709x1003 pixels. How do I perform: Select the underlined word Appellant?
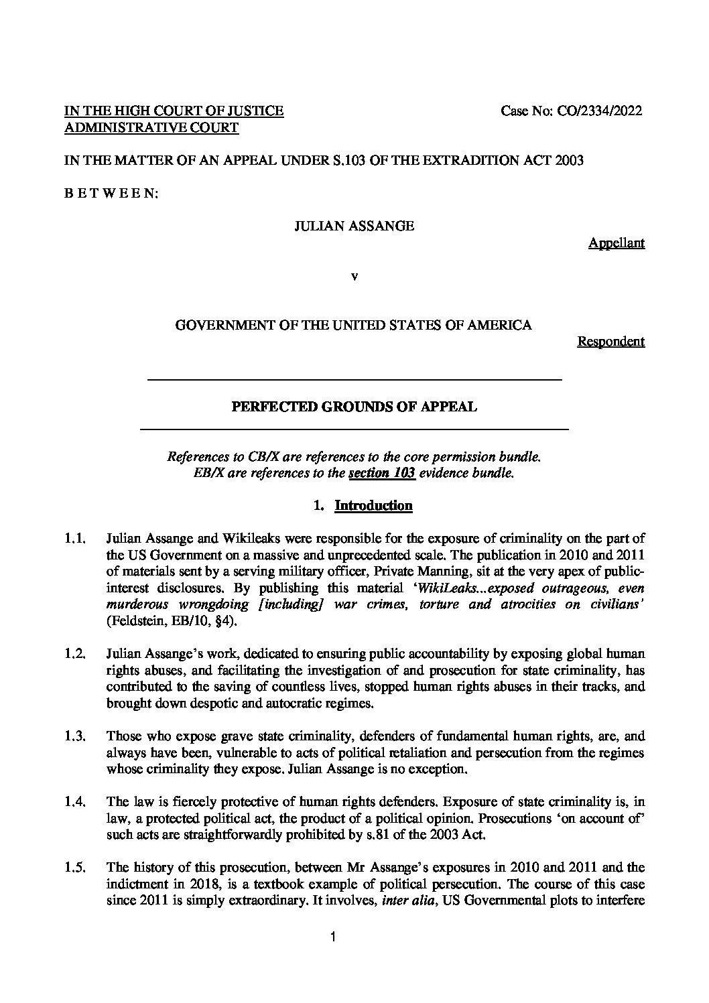tap(616, 243)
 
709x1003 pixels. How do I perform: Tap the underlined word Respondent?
tap(610, 342)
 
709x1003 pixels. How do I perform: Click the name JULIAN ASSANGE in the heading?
tap(354, 226)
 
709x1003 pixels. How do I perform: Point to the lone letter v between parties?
tap(354, 276)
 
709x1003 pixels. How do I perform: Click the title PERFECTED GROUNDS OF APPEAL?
tap(354, 407)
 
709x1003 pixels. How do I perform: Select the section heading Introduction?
tap(373, 506)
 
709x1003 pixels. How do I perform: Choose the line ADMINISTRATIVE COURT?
tap(151, 128)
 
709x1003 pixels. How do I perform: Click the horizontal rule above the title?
tap(354, 380)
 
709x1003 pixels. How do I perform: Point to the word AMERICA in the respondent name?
tap(501, 326)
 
